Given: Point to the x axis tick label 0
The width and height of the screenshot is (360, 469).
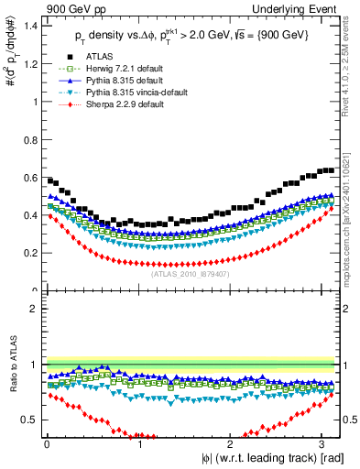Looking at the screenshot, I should click(47, 444).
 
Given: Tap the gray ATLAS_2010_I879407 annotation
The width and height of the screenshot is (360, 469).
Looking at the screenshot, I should click(191, 274).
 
